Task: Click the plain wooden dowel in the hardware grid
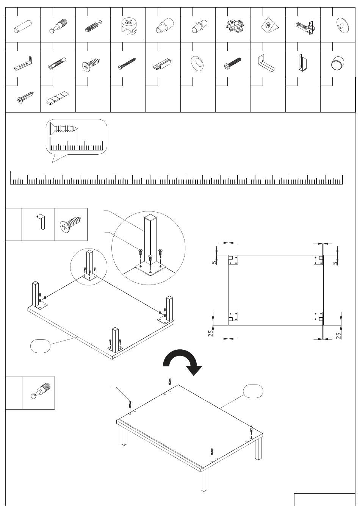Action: (x=23, y=27)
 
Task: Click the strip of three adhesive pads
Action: (x=57, y=98)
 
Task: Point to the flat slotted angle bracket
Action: (x=23, y=63)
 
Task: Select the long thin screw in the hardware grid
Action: (x=127, y=64)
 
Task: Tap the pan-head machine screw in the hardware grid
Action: (x=232, y=63)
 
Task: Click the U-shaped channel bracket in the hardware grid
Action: (x=302, y=63)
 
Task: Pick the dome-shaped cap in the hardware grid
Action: (x=338, y=63)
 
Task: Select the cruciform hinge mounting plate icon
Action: (x=234, y=27)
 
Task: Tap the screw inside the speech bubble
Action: (x=64, y=130)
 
